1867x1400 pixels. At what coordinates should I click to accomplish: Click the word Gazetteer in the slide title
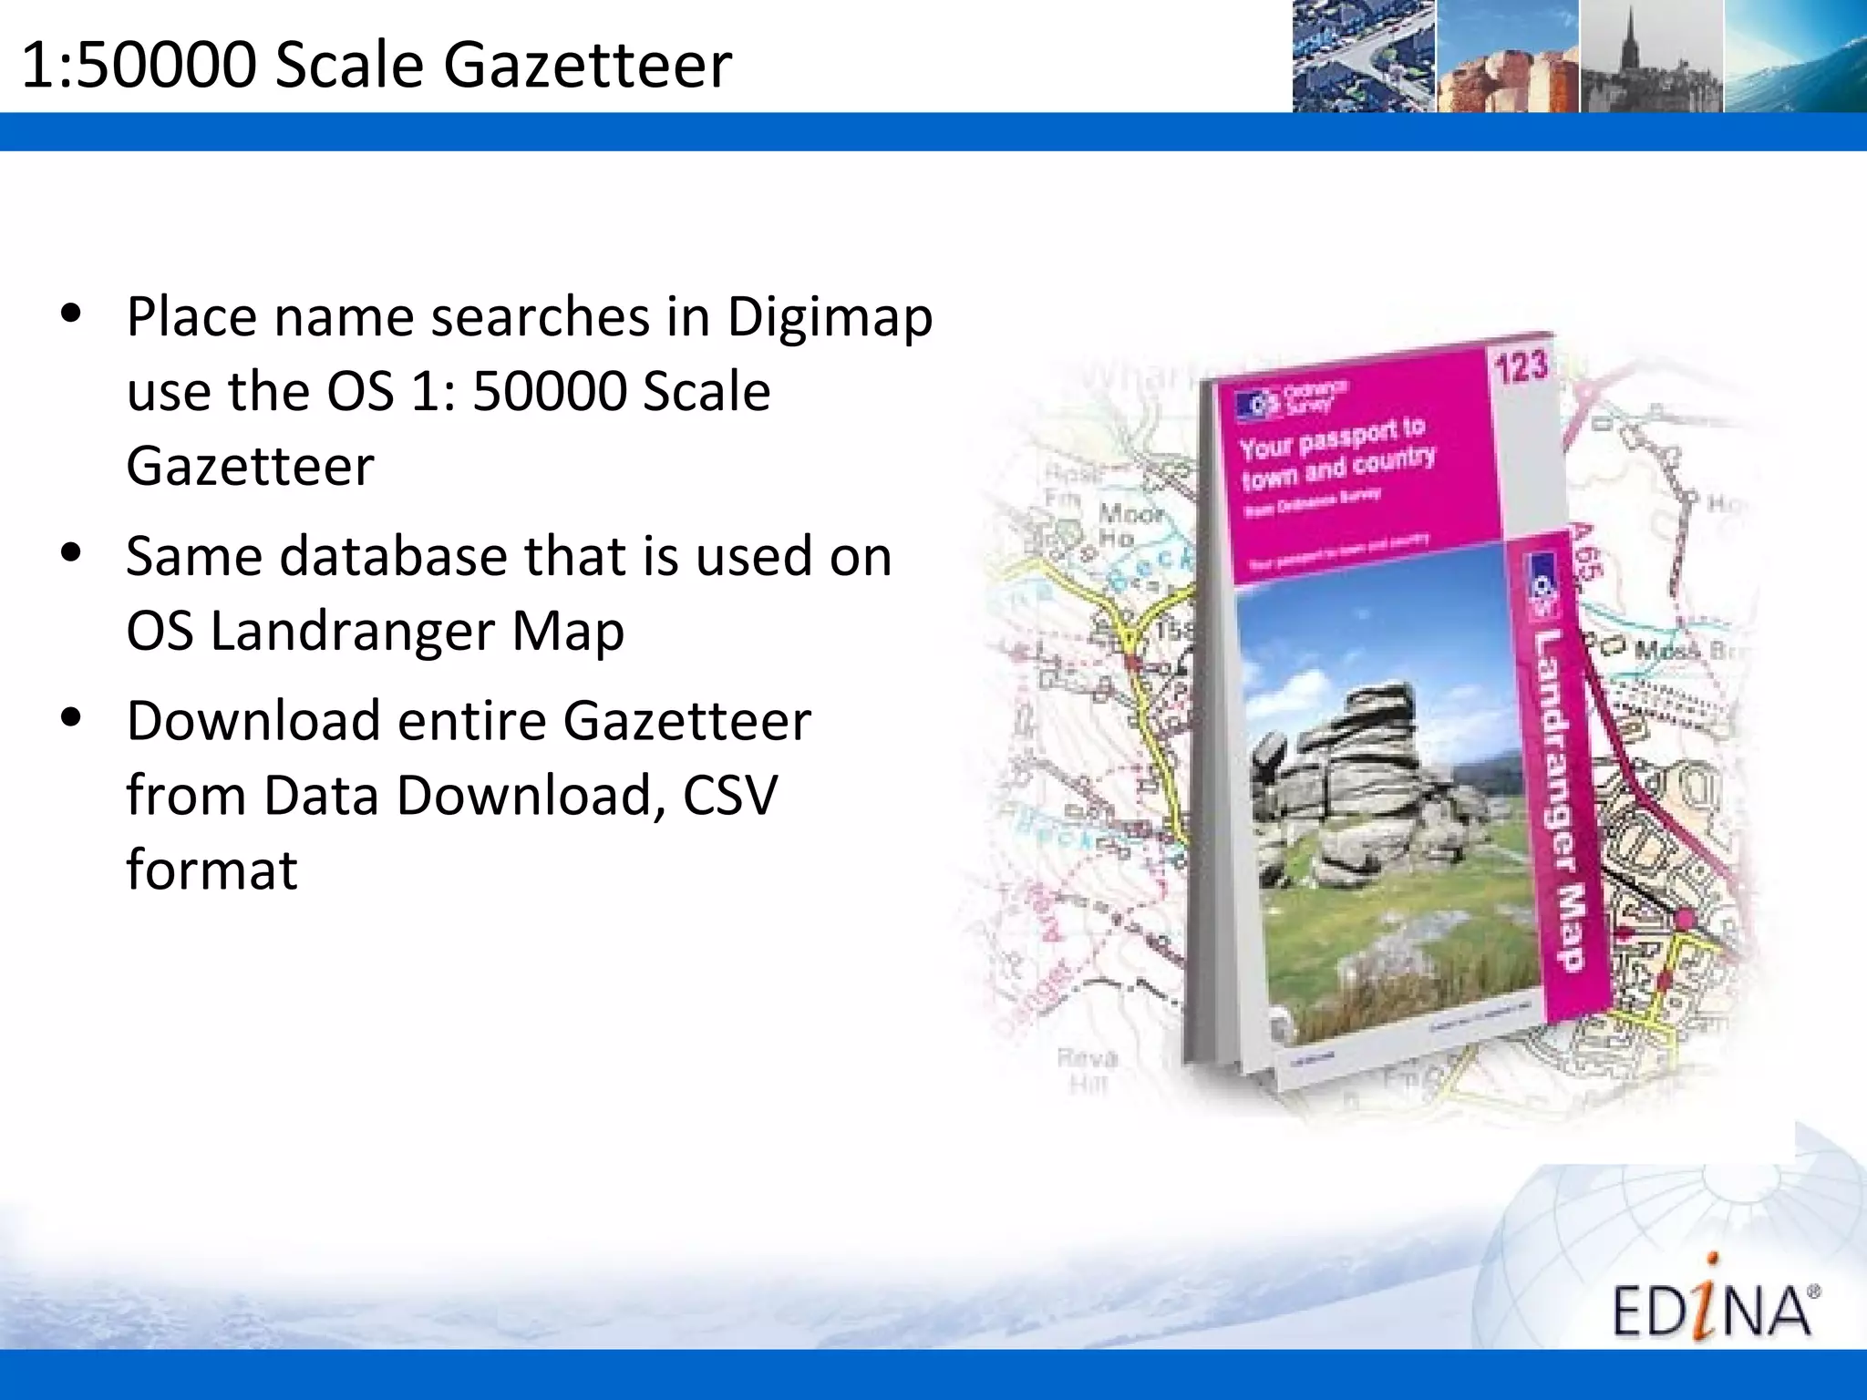click(588, 66)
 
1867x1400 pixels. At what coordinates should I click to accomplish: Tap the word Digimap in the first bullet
click(830, 317)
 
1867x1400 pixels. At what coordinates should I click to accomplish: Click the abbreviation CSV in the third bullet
click(729, 795)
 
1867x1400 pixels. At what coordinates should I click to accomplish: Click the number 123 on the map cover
click(1521, 366)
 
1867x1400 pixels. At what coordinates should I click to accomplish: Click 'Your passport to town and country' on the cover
click(1336, 452)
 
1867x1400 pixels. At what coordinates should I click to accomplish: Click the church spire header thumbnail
click(1651, 57)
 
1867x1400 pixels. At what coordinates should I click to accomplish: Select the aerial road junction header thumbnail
click(1364, 57)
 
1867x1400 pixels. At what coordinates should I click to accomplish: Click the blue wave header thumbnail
click(1794, 57)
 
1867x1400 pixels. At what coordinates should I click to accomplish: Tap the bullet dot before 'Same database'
click(71, 554)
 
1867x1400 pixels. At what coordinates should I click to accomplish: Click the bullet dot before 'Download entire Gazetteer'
click(71, 718)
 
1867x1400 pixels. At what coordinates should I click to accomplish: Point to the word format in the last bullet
click(211, 870)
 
